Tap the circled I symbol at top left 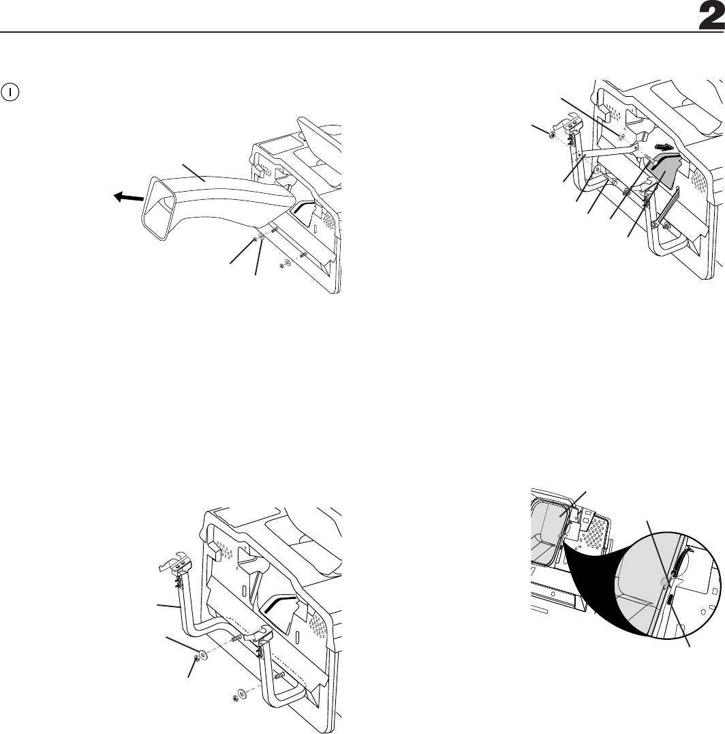[x=12, y=89]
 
